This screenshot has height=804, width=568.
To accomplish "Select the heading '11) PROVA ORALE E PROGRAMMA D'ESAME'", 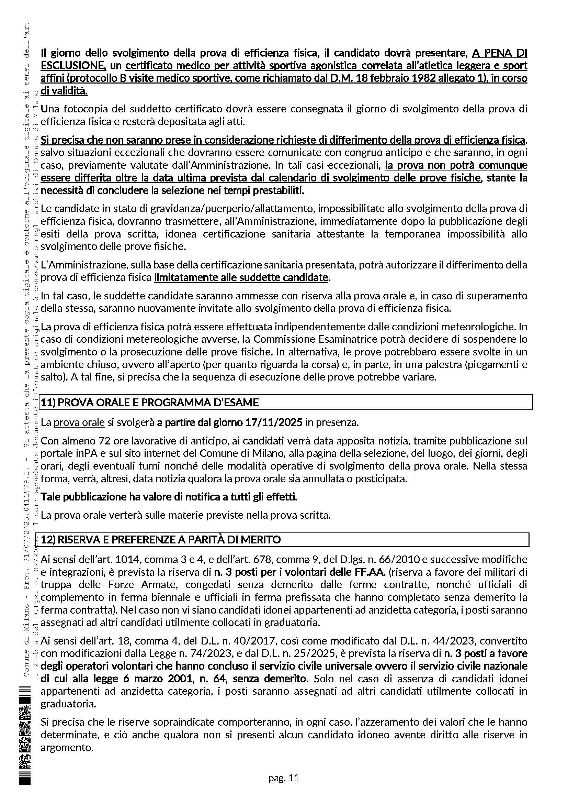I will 150,403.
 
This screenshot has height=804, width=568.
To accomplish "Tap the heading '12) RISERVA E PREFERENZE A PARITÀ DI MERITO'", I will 160,540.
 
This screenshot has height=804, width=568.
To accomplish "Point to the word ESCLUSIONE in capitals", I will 72,66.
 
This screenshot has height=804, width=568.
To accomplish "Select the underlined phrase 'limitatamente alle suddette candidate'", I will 241,278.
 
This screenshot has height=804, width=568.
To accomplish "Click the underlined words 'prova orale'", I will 79,423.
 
